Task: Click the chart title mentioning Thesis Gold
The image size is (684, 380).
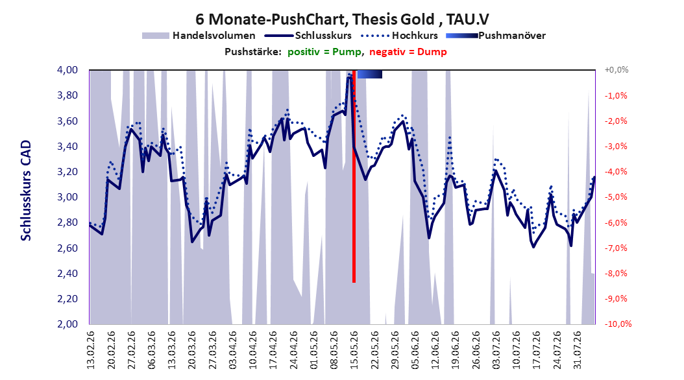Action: click(x=342, y=19)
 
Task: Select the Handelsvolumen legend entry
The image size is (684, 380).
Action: click(x=199, y=36)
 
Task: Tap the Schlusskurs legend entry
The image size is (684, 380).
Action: click(x=308, y=36)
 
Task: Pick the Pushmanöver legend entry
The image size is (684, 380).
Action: click(x=496, y=36)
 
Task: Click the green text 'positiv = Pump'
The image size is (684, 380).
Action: click(x=324, y=52)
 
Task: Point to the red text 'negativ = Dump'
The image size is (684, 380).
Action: click(x=408, y=52)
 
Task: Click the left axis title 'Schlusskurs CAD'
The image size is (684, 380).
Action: click(x=26, y=191)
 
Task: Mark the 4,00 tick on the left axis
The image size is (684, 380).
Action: click(x=67, y=70)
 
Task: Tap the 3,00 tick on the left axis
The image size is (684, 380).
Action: click(x=67, y=197)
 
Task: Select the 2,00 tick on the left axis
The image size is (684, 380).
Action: click(x=67, y=324)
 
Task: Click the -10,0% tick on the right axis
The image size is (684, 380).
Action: click(x=618, y=324)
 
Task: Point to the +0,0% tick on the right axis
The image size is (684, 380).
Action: click(x=617, y=70)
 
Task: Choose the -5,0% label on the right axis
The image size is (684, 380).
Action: click(x=616, y=197)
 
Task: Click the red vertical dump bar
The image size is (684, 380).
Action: click(x=354, y=176)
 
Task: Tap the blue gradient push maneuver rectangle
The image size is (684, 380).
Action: click(x=369, y=74)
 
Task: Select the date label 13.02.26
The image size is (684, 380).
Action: click(x=90, y=350)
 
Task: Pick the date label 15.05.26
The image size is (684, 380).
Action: click(x=354, y=350)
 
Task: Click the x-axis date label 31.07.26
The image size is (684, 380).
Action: click(x=578, y=350)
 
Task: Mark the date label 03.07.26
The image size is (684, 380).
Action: click(x=496, y=350)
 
